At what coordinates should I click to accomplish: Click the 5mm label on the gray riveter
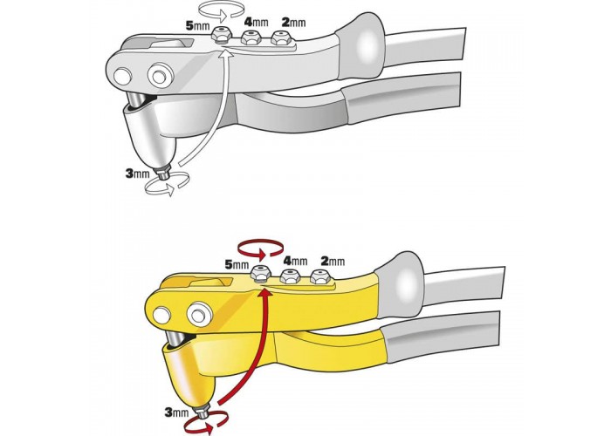(x=198, y=26)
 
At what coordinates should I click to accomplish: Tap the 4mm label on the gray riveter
(x=256, y=22)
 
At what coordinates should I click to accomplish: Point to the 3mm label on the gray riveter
(x=138, y=174)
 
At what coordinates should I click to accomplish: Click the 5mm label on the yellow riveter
(x=237, y=265)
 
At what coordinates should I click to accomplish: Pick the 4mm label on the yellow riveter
(x=295, y=260)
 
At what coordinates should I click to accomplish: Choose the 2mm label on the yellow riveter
(x=333, y=261)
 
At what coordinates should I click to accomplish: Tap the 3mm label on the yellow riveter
(x=176, y=412)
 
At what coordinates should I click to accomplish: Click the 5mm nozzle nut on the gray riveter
(x=220, y=35)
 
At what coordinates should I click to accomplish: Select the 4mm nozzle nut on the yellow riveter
(x=290, y=276)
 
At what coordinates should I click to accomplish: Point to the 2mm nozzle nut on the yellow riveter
(x=320, y=276)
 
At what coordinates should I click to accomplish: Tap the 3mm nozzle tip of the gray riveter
(x=162, y=172)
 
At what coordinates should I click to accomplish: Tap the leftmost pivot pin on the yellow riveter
(x=161, y=315)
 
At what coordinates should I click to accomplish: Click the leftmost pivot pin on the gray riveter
(x=122, y=75)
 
